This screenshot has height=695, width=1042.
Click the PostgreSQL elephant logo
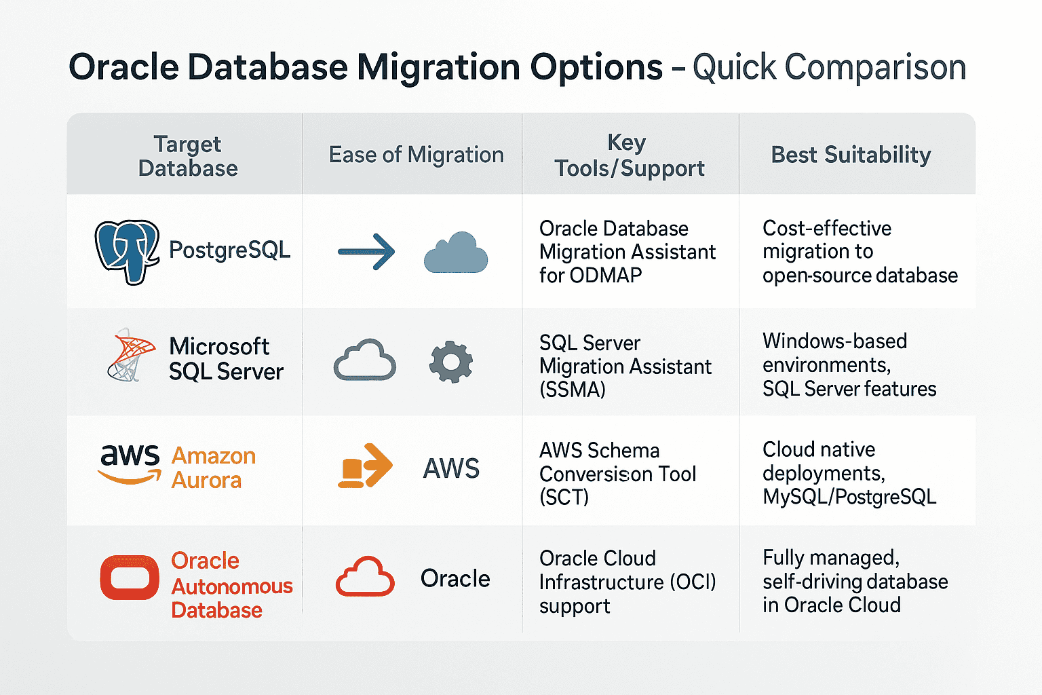(x=128, y=251)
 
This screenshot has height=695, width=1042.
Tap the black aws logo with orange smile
(x=130, y=464)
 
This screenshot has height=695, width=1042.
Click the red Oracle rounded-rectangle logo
(x=130, y=578)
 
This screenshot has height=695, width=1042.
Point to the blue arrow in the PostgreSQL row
(x=366, y=252)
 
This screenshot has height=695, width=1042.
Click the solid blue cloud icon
(x=456, y=253)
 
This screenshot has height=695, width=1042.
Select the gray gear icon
(x=450, y=362)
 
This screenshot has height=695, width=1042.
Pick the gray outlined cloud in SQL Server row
(x=365, y=360)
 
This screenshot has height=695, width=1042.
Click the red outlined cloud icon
(x=365, y=577)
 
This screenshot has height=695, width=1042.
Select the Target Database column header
(x=187, y=156)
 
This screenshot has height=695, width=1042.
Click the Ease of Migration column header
(x=416, y=155)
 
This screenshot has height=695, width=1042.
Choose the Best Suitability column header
(x=851, y=155)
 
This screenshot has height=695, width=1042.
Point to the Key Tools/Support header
(x=629, y=156)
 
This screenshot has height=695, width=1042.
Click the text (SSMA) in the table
(x=572, y=390)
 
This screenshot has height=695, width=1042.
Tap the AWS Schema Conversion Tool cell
(x=617, y=474)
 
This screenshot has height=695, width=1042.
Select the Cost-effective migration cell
(x=860, y=252)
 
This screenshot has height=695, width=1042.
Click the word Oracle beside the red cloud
(x=455, y=579)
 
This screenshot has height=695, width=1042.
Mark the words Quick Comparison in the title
(x=829, y=67)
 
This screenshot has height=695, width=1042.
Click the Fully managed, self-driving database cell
(x=855, y=582)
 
